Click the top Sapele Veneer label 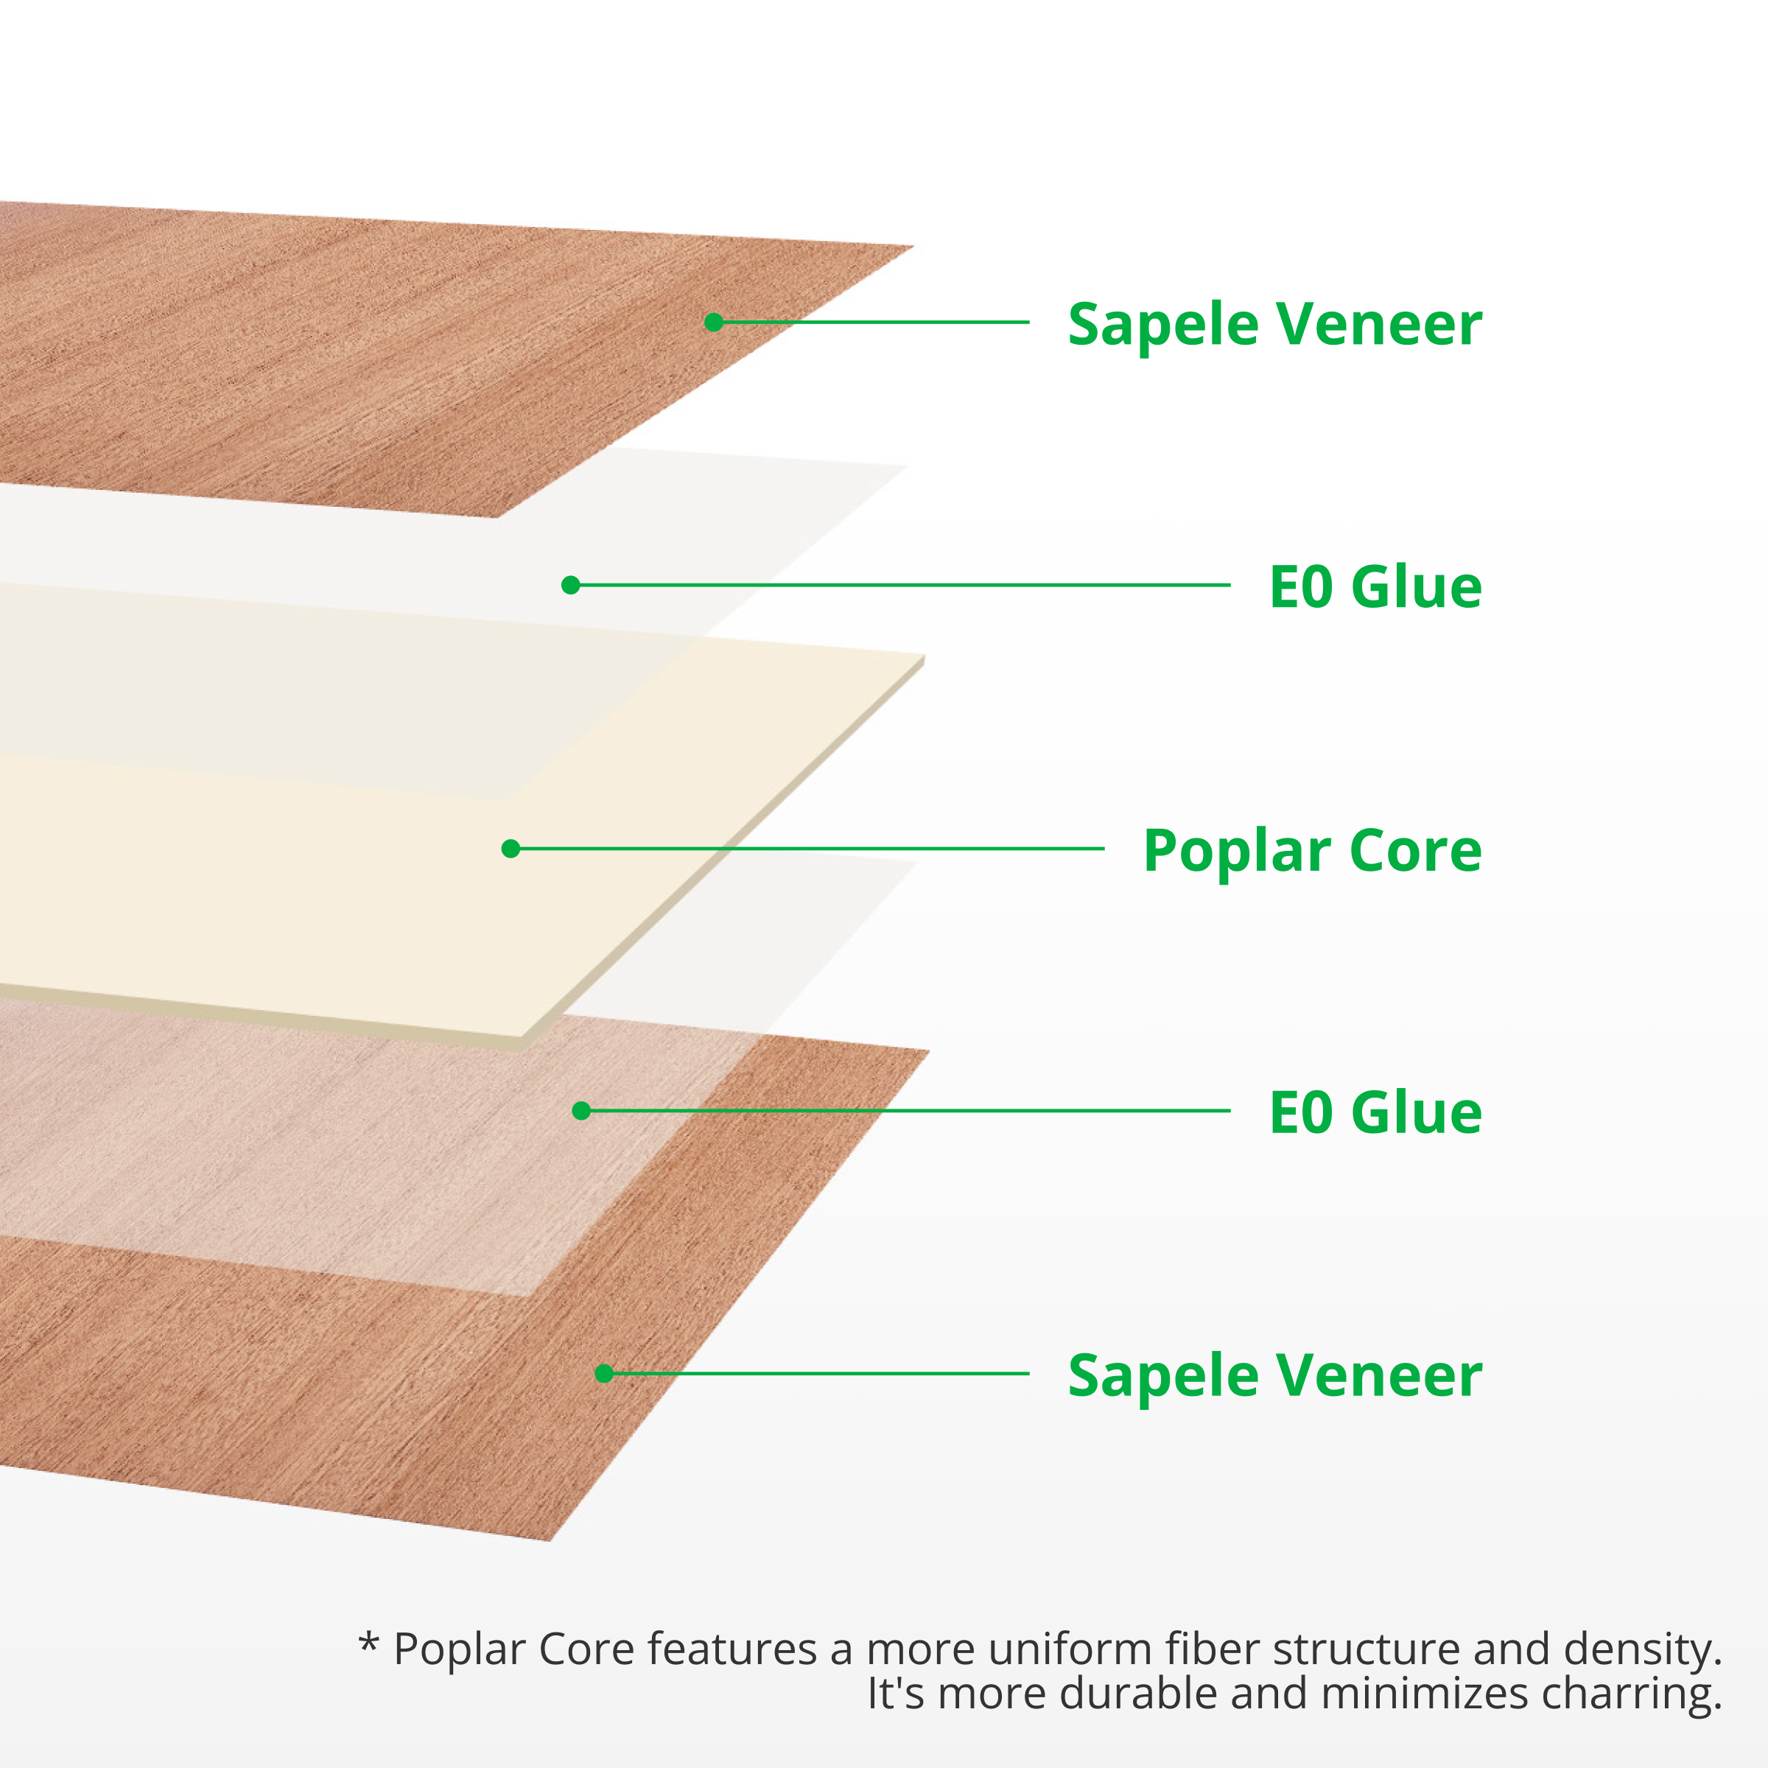1274,325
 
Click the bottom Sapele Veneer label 1274,1375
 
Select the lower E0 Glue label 1375,1113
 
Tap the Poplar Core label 1311,850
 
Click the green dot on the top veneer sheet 714,322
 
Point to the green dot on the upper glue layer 570,585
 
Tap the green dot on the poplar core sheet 511,849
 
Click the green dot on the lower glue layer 581,1111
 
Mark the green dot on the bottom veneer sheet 604,1374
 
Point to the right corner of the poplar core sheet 922,657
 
